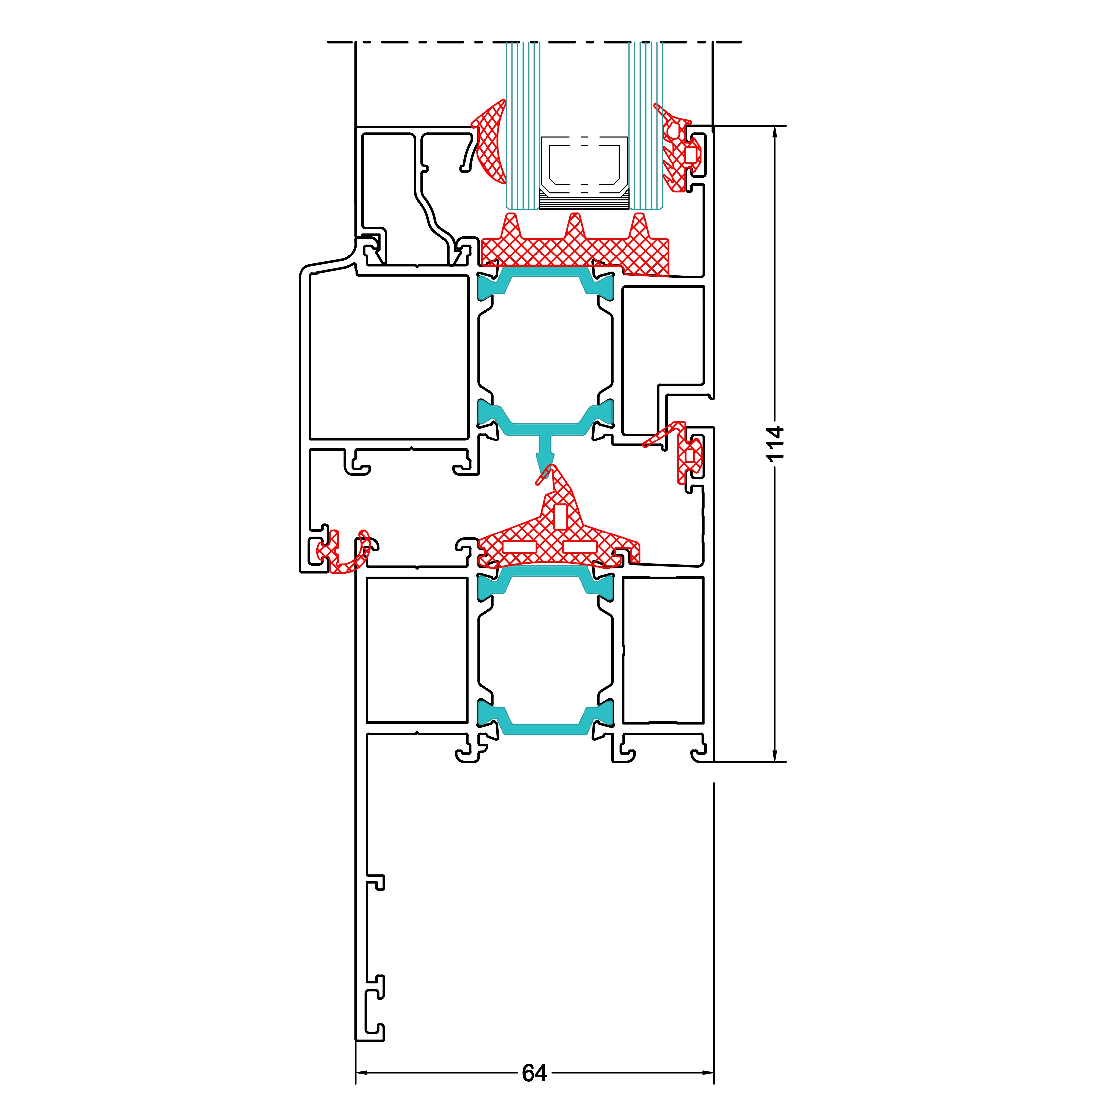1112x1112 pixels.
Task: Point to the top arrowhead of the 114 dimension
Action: (x=775, y=132)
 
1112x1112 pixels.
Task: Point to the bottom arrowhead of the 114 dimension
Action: (x=775, y=755)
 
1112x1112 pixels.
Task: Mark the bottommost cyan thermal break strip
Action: (x=545, y=719)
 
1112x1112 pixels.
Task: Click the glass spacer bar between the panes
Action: (x=584, y=173)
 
